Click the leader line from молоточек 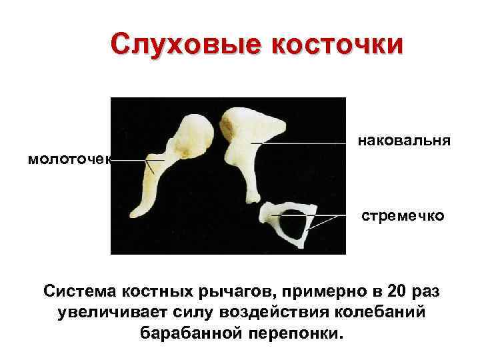[130, 161]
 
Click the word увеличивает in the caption [113, 312]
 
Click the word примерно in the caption [319, 291]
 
